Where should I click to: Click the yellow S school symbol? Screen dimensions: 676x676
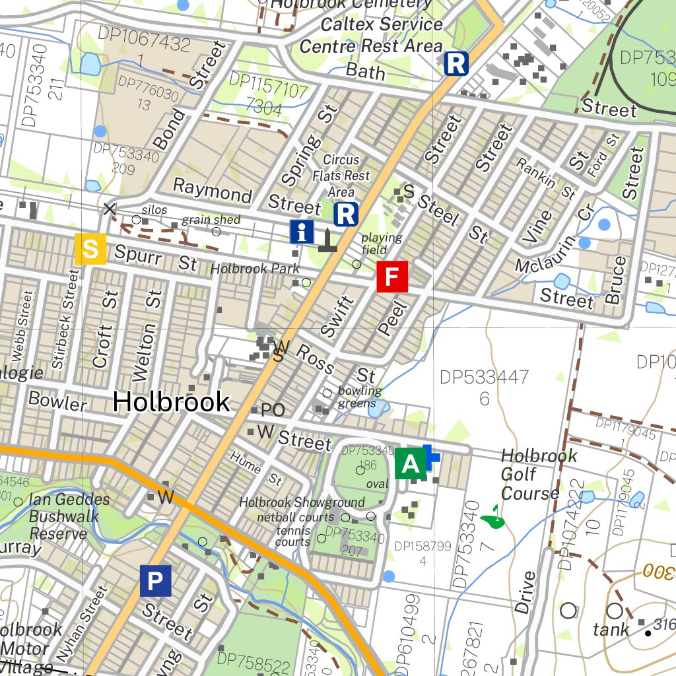tap(91, 250)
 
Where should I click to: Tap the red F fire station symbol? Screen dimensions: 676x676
tap(393, 277)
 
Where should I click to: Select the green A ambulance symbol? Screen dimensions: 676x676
tap(411, 463)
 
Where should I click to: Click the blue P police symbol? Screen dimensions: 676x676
tap(155, 581)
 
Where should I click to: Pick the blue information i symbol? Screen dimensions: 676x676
tap(302, 232)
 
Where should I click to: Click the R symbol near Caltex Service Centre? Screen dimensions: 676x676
tap(456, 64)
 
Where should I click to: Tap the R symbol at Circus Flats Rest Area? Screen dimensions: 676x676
tap(346, 214)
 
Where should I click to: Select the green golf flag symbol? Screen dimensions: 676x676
tap(492, 519)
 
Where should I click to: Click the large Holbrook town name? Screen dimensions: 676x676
tap(171, 401)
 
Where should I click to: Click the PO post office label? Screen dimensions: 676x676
tap(272, 411)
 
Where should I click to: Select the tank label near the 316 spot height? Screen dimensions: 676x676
tap(611, 630)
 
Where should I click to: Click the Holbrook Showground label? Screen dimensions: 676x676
tap(301, 502)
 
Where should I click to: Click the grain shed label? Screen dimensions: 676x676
tap(211, 220)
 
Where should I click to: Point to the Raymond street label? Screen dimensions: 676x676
tap(213, 191)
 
